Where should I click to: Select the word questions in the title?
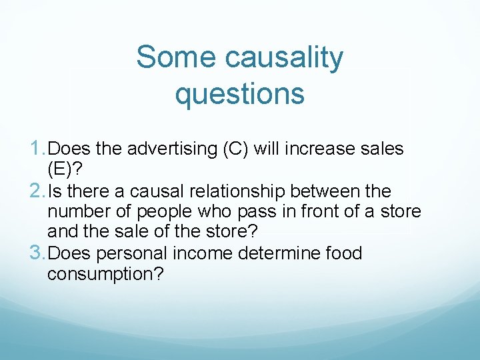click(x=239, y=94)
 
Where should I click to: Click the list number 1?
click(x=38, y=148)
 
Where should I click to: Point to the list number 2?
click(x=39, y=191)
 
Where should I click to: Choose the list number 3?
click(x=39, y=253)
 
